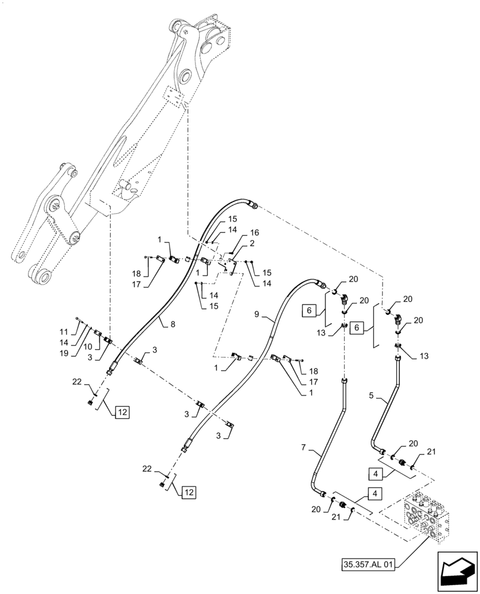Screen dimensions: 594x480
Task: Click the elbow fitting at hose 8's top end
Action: pyautogui.click(x=255, y=206)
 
